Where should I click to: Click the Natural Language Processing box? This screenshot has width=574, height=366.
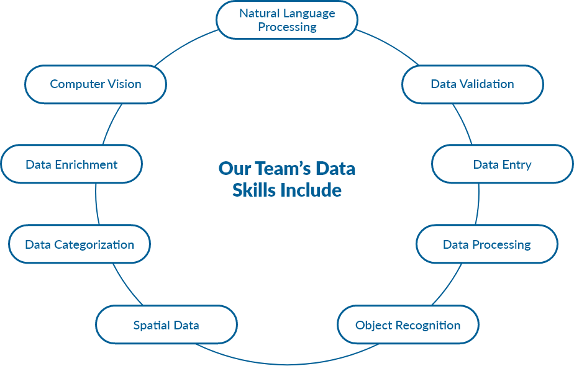pos(286,20)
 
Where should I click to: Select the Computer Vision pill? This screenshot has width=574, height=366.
pos(96,84)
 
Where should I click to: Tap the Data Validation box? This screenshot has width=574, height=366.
pos(472,84)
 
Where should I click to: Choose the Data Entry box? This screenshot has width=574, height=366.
pos(502,164)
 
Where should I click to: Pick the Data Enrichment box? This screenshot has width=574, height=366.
pos(71,164)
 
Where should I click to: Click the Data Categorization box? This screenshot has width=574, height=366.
pos(80,244)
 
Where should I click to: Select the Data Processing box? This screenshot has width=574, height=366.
pos(486,244)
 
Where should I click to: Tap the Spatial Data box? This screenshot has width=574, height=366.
pos(166,325)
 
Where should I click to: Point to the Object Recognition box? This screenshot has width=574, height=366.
pos(408,325)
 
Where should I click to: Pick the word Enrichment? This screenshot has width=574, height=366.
pos(86,164)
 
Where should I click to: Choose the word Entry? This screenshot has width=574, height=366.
pos(517,164)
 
